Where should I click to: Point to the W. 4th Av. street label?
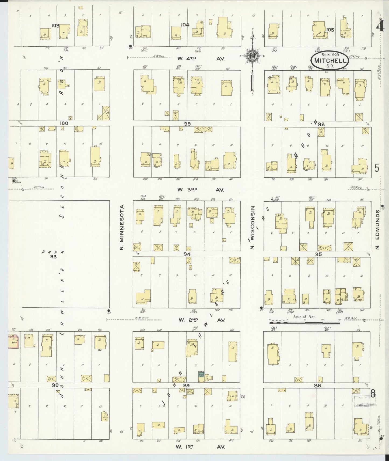point(201,59)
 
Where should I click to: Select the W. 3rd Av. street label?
point(201,190)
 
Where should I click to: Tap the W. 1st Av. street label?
point(201,447)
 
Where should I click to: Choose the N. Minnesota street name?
point(122,227)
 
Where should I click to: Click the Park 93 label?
point(53,254)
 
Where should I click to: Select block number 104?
point(185,25)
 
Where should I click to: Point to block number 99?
point(187,124)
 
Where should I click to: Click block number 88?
point(318,386)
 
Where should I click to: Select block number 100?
point(64,123)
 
